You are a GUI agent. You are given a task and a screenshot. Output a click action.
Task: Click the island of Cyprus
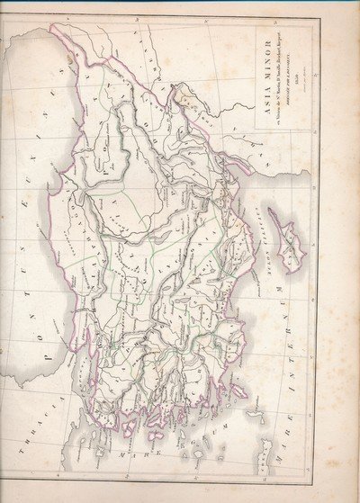[289, 234]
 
